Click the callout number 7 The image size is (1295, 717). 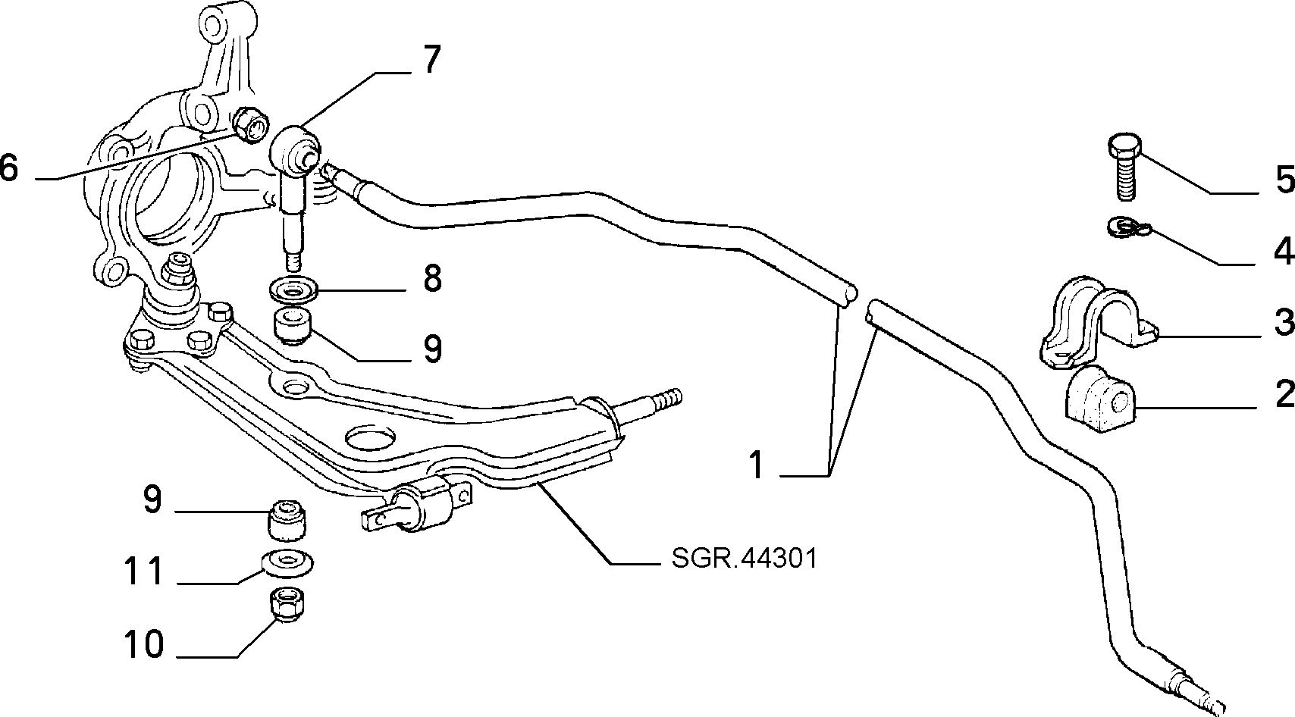430,60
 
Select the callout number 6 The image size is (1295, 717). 10,168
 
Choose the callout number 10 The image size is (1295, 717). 144,645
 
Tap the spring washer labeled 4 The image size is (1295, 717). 1129,227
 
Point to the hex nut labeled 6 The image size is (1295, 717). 249,125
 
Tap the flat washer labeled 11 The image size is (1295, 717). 287,560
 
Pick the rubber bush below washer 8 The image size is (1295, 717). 293,327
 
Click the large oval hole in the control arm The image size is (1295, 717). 371,437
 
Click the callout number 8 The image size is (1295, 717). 432,278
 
